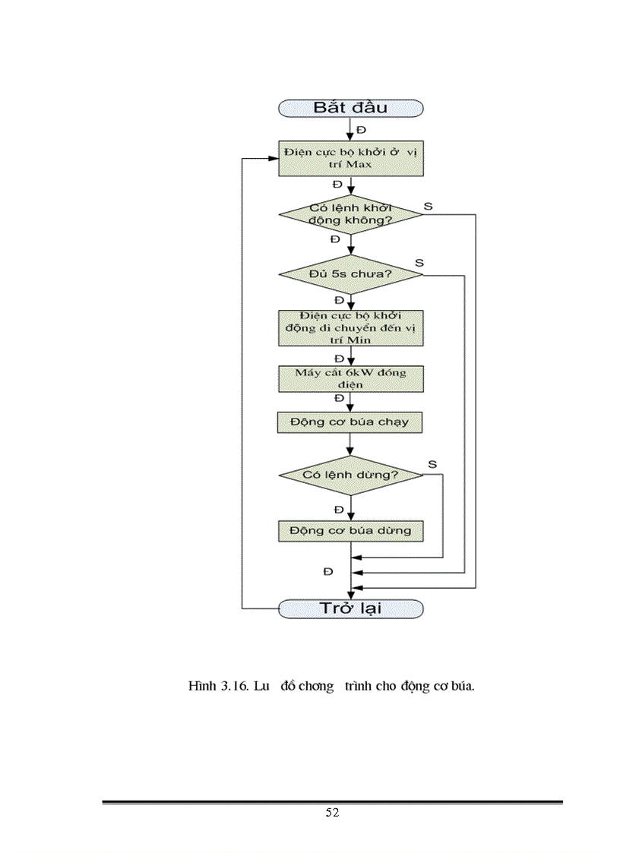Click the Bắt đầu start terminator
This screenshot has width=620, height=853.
click(350, 107)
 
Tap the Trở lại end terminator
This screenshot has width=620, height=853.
click(350, 608)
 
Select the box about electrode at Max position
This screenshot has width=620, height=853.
click(350, 158)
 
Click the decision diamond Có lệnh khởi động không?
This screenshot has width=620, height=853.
click(350, 214)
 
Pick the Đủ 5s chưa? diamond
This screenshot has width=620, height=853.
click(350, 273)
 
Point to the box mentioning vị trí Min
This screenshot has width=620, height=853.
click(350, 327)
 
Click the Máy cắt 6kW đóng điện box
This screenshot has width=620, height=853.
click(350, 378)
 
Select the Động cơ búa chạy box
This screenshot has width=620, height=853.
click(350, 422)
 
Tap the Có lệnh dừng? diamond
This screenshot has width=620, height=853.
click(350, 475)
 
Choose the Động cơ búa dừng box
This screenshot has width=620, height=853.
click(350, 529)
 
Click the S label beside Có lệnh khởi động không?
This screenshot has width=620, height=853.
click(428, 206)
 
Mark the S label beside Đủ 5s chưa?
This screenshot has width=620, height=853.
click(419, 262)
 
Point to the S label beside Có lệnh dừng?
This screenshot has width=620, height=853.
click(432, 463)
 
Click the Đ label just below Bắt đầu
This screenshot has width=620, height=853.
click(361, 130)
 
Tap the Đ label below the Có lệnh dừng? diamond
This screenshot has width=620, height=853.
click(338, 508)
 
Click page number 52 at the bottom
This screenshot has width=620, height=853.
click(332, 813)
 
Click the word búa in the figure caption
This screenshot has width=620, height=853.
click(461, 687)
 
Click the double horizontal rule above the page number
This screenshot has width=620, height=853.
click(332, 801)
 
